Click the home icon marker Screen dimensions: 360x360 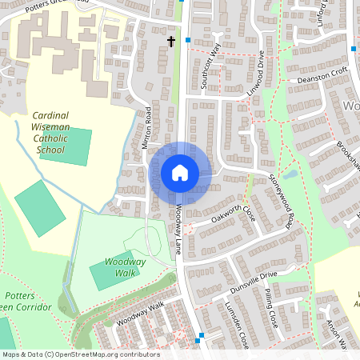[x=180, y=172]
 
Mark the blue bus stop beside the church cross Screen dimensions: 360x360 [x=188, y=39]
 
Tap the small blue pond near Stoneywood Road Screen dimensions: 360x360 [x=290, y=173]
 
